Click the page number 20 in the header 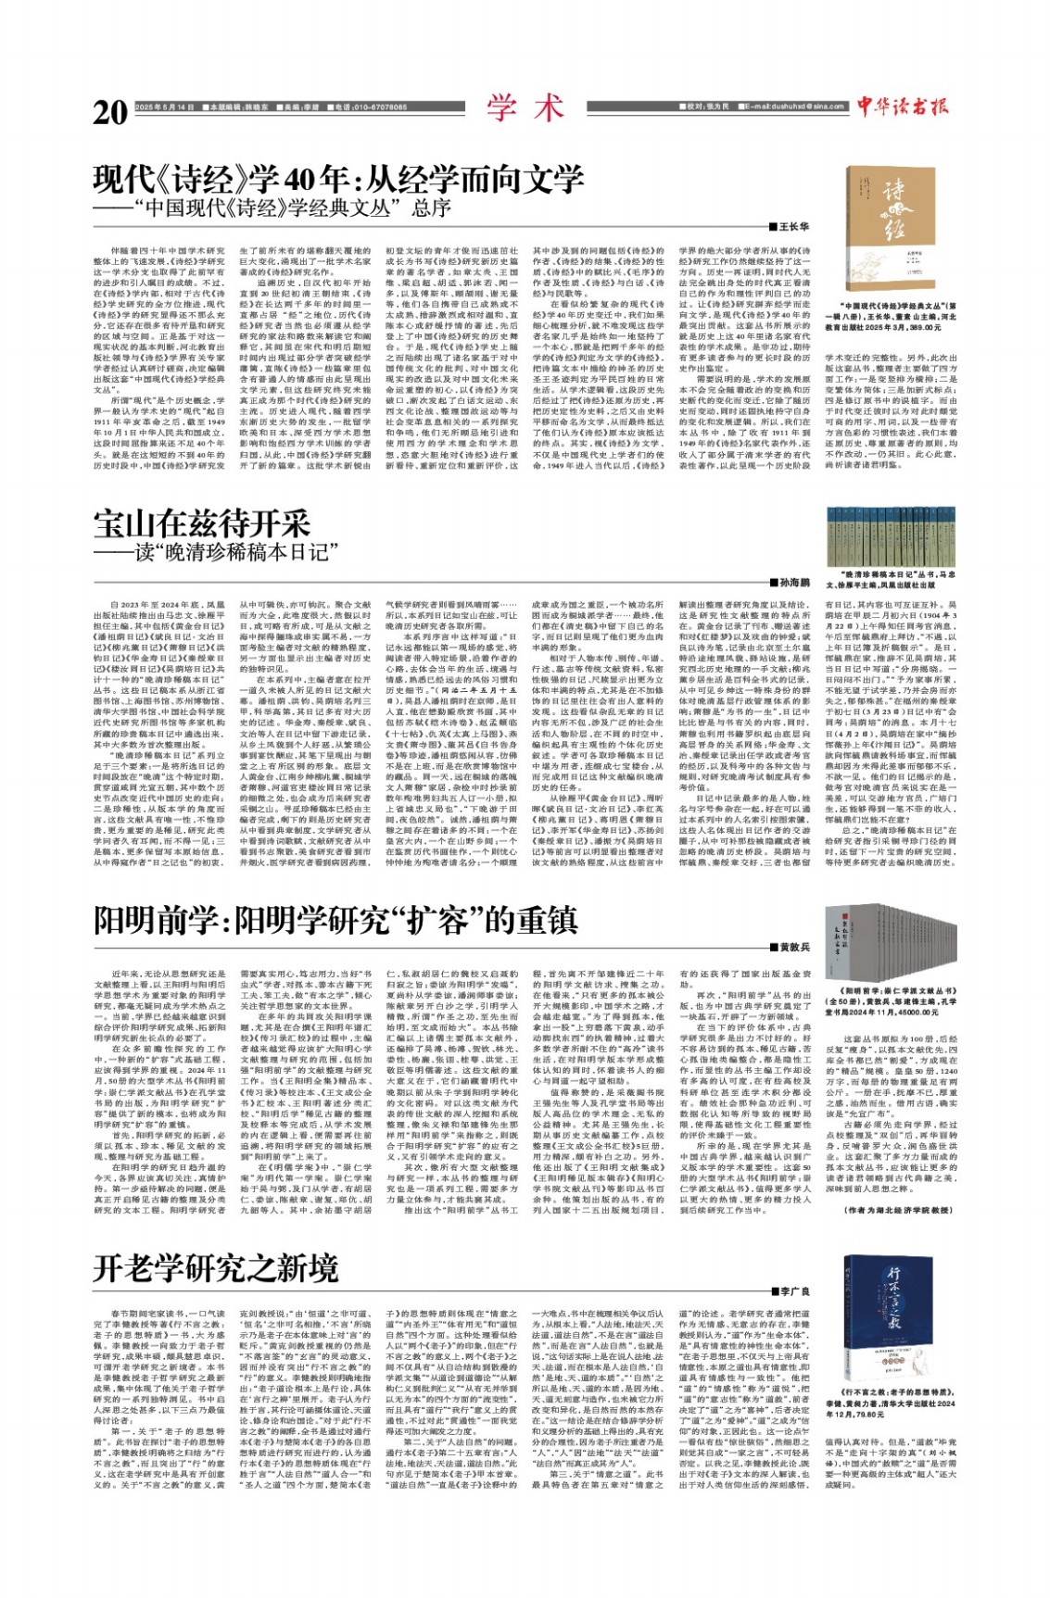click(x=110, y=110)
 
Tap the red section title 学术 click(x=525, y=107)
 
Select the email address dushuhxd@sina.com click(x=802, y=107)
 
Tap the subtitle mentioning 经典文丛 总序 click(x=284, y=207)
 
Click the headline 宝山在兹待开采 click(x=201, y=523)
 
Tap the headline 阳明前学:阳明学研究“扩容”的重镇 click(x=335, y=920)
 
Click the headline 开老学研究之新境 click(x=216, y=1267)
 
